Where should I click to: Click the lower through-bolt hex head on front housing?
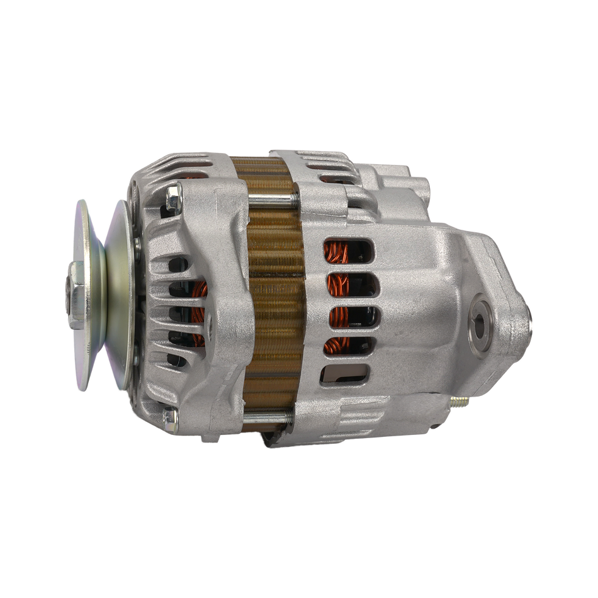click(x=170, y=416)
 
